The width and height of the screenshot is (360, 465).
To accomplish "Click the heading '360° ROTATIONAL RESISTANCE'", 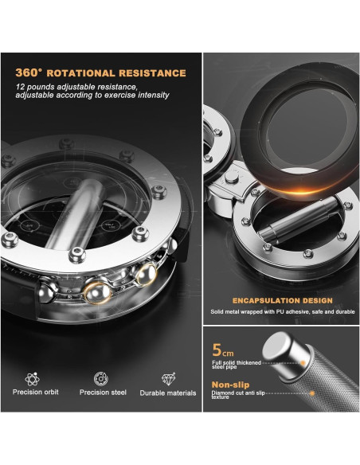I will (x=100, y=73).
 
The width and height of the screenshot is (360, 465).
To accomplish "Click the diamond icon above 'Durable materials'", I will (x=168, y=379).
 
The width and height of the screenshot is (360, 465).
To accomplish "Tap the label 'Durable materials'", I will (x=168, y=393).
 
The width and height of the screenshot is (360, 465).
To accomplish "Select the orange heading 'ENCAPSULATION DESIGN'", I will (x=283, y=300).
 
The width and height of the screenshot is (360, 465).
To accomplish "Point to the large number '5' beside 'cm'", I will (x=217, y=348).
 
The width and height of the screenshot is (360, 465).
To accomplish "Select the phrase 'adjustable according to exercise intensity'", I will (x=92, y=96).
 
